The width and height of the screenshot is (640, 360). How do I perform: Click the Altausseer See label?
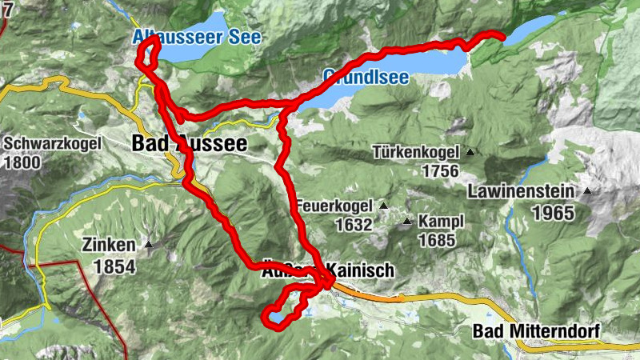tap(197, 37)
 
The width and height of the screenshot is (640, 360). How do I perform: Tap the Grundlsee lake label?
tap(366, 78)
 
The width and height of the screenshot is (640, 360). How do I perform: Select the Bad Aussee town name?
tap(189, 144)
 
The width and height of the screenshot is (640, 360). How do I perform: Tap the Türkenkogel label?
tap(416, 152)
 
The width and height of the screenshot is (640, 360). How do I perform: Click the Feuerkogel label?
tap(336, 206)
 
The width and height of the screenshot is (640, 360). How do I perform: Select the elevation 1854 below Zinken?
tap(114, 266)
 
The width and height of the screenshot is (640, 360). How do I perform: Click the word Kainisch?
tap(362, 271)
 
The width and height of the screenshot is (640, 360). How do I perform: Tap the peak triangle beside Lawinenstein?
tap(588, 191)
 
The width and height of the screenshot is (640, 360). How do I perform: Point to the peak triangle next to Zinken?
tap(148, 245)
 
